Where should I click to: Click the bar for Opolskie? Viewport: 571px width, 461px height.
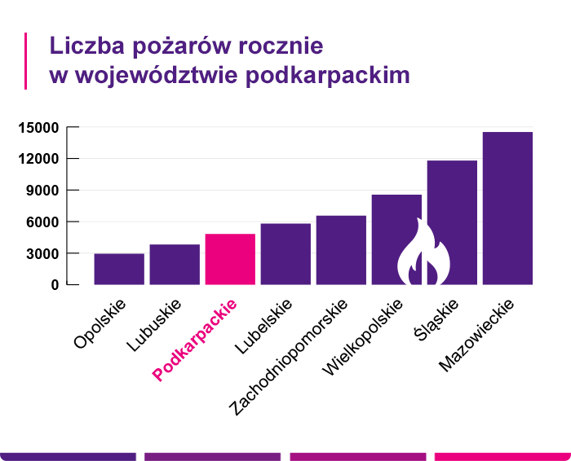(x=119, y=269)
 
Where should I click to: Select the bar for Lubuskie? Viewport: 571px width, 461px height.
(x=175, y=265)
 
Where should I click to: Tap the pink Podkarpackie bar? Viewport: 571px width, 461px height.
(x=230, y=259)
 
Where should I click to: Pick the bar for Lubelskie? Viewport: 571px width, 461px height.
(x=285, y=254)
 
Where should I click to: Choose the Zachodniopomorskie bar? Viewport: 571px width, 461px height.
(x=341, y=250)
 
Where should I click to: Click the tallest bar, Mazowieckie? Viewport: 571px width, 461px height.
(x=507, y=209)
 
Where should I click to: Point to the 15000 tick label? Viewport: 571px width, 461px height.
(x=37, y=127)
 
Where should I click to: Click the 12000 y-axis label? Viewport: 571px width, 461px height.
(x=37, y=159)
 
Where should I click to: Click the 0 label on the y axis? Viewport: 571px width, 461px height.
(x=55, y=285)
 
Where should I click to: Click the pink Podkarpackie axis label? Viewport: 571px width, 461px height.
(x=197, y=340)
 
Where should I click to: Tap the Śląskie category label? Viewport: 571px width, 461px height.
(x=438, y=321)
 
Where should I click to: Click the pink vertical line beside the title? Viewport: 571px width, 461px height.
(x=26, y=61)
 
